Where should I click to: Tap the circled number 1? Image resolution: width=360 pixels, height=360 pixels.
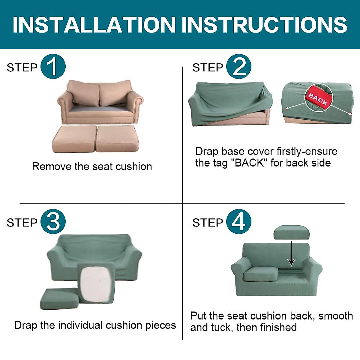53,67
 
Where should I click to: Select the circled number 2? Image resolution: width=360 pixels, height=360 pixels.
238,67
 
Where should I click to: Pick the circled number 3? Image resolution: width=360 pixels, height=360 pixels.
53,222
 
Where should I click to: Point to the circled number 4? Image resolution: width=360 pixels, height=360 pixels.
238,222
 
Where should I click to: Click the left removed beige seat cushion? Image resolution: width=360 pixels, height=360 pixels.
74,139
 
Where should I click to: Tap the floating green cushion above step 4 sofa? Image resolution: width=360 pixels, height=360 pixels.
291,232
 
